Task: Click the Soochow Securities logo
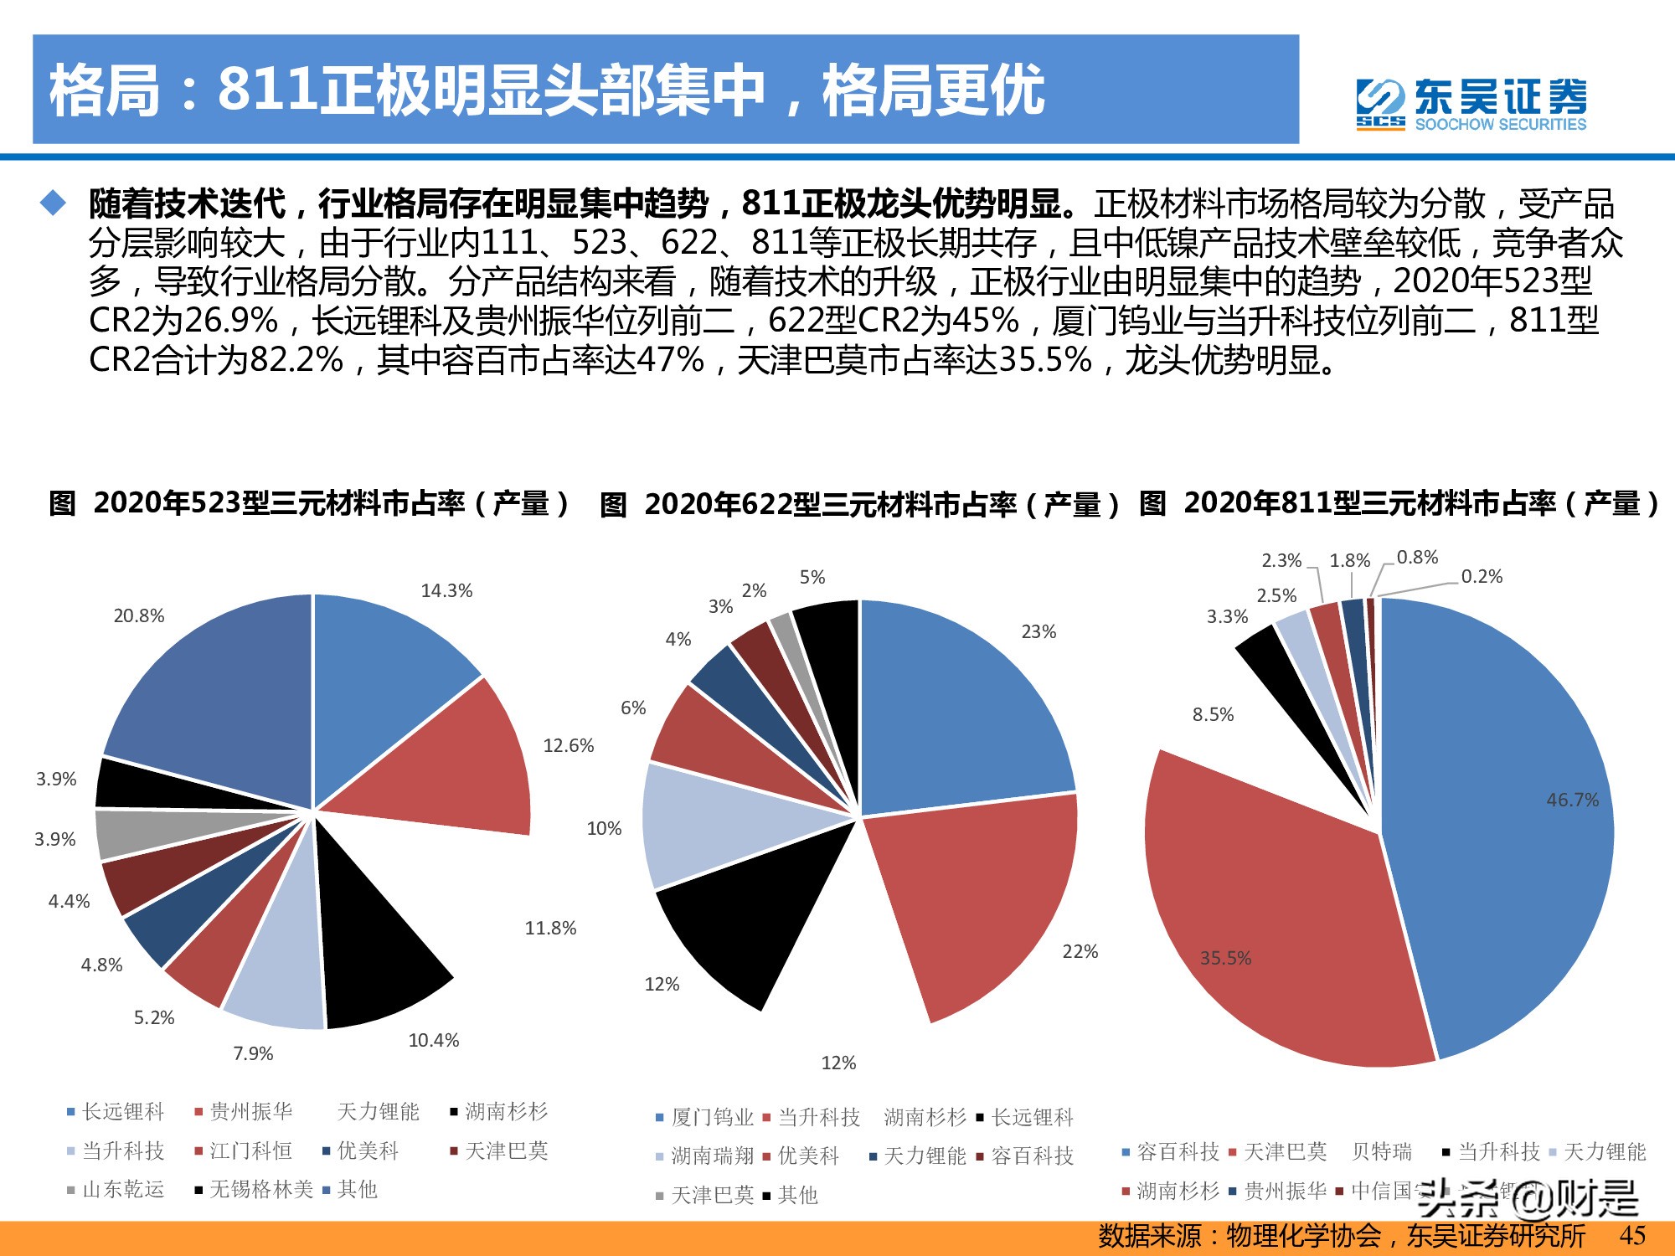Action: point(1471,105)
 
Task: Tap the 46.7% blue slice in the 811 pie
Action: point(1499,821)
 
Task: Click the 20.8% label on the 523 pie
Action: point(139,616)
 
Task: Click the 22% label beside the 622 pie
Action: point(1080,952)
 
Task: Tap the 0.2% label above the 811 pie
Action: point(1482,577)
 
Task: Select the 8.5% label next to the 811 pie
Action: point(1213,715)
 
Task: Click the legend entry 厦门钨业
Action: point(712,1118)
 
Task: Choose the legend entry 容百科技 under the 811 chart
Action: point(1177,1152)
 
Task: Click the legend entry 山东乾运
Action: point(123,1190)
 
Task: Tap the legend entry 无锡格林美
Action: point(260,1190)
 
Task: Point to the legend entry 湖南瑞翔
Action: point(712,1156)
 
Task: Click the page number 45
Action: point(1632,1236)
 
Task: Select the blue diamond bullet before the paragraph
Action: point(53,203)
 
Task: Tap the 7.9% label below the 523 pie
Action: point(253,1054)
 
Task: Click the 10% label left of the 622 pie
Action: point(604,829)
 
